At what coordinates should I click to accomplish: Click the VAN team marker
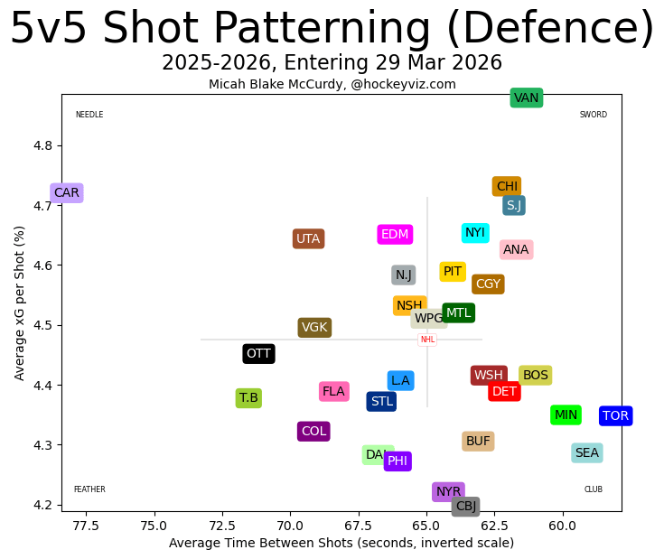tap(526, 98)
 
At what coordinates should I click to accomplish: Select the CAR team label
tap(67, 192)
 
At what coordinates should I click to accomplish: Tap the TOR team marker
tap(615, 415)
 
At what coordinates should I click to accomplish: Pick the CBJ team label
tap(465, 506)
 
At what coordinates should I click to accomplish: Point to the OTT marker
tap(258, 354)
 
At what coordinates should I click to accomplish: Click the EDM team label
tap(395, 235)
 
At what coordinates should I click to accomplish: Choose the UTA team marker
tap(309, 239)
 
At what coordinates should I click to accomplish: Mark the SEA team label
tap(587, 453)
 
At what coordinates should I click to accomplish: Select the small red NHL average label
tap(427, 340)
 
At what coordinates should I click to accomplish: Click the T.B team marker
tap(248, 398)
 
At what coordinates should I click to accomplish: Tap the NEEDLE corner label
tap(89, 115)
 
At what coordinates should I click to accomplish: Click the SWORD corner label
tap(594, 115)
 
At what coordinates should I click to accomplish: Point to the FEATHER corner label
tap(89, 489)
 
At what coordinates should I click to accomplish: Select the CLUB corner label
tap(594, 489)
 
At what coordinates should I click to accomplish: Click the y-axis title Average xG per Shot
tap(20, 303)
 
